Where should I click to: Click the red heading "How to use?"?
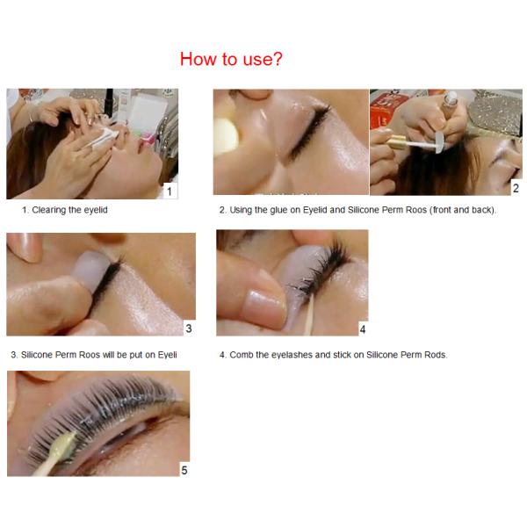(231, 60)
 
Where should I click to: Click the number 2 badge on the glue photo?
(516, 188)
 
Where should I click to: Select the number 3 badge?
(188, 328)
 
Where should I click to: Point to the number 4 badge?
(362, 329)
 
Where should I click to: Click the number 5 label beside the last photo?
(184, 470)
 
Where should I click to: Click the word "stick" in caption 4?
(344, 355)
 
